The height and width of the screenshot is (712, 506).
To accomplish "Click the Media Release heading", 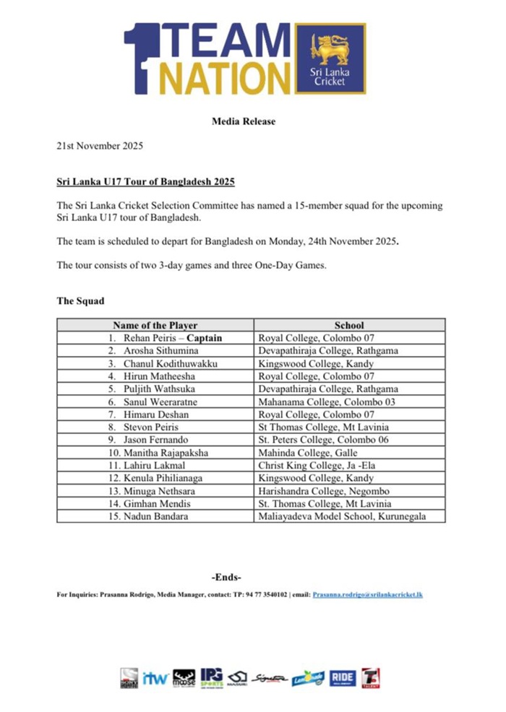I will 244,121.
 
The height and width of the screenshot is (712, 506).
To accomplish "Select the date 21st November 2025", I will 100,146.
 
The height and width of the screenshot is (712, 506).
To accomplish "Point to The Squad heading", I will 82,300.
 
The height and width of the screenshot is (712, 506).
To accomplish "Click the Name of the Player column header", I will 155,326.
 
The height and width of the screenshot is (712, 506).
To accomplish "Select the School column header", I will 349,326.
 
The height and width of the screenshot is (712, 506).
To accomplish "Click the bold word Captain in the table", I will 205,338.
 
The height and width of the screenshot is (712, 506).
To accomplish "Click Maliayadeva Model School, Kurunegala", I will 342,516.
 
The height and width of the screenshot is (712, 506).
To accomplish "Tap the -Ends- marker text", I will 226,577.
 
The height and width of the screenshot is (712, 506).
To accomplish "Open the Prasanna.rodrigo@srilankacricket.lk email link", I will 367,594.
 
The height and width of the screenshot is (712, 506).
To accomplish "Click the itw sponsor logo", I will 155,678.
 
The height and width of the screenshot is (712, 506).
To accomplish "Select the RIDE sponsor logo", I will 343,677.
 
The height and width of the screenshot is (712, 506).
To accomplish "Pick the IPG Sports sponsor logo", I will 211,677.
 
